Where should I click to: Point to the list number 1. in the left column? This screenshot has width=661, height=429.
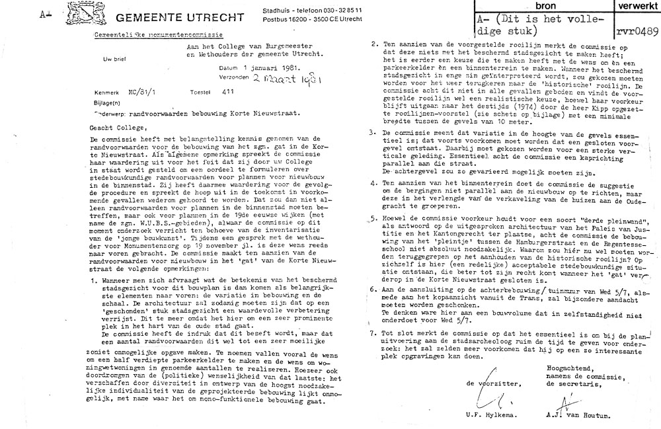(x=94, y=282)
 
